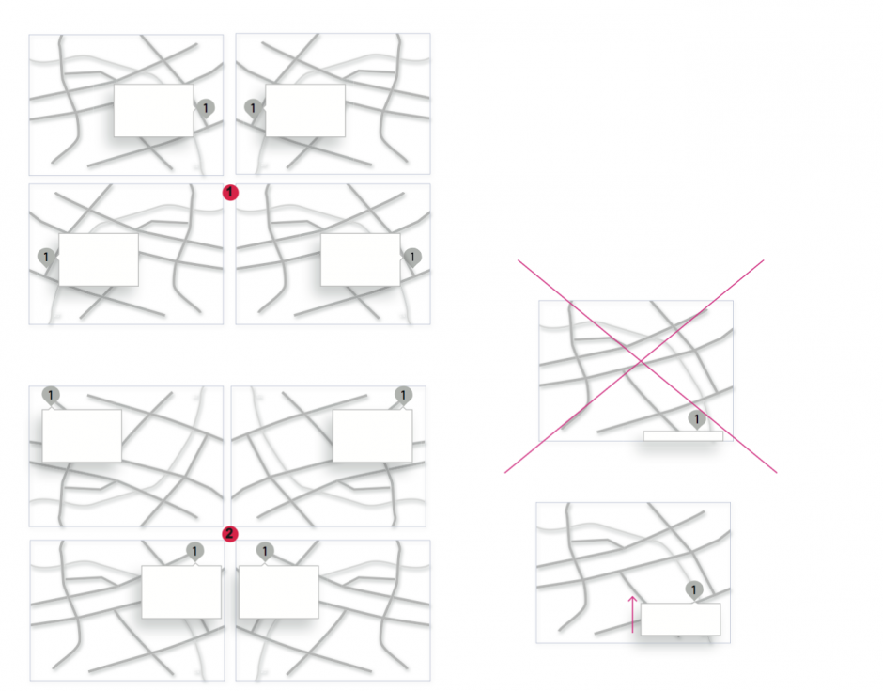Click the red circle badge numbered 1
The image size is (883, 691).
point(230,192)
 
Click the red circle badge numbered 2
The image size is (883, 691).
point(229,534)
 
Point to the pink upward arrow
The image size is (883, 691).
point(632,614)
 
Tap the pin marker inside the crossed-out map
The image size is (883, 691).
point(697,420)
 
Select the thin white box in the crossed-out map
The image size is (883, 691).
point(683,435)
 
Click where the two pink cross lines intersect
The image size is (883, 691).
point(641,361)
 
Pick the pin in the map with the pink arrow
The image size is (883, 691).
point(694,591)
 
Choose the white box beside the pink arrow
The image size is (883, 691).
point(680,619)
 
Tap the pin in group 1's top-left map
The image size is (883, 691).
point(206,108)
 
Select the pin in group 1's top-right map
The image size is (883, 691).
point(253,108)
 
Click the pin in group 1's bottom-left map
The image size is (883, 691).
point(46,258)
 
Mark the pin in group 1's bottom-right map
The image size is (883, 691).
point(412,258)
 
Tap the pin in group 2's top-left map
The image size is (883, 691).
point(51,396)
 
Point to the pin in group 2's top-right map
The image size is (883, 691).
point(403,396)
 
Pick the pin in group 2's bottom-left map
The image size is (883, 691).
point(194,552)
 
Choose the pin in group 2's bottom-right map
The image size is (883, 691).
point(265,552)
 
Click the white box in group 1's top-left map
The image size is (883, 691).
point(154,111)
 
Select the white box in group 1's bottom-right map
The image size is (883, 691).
point(361,259)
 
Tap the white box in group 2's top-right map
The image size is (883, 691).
point(372,435)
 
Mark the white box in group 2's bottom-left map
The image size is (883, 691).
point(181,591)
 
